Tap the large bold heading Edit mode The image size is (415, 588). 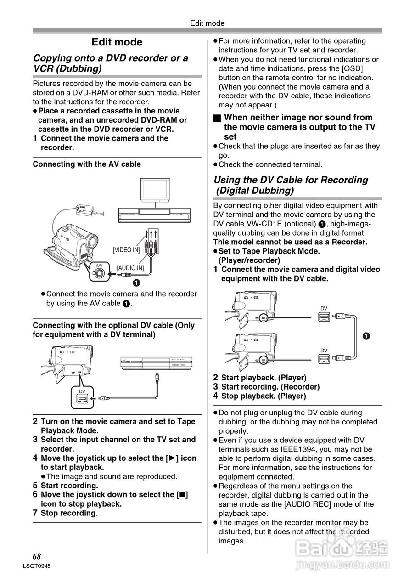tap(117, 42)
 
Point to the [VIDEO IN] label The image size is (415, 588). tap(126, 250)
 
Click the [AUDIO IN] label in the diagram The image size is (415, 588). tap(130, 268)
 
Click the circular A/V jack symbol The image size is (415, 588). tap(100, 274)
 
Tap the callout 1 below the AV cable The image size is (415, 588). tap(136, 282)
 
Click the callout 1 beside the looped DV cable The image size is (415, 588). tap(366, 336)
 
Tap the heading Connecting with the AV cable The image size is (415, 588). tap(87, 164)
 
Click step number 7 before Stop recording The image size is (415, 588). tap(35, 513)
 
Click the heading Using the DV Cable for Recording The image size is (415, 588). tap(291, 180)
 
